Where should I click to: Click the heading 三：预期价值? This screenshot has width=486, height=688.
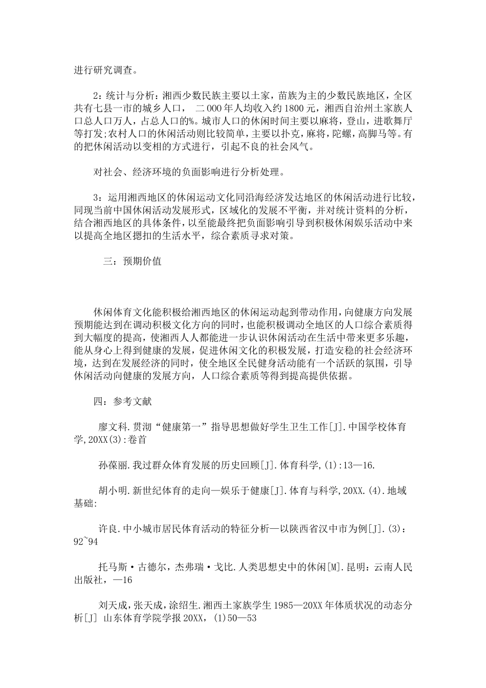[132, 261]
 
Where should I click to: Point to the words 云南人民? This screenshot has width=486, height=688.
[394, 567]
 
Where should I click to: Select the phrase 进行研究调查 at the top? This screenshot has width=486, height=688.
[102, 70]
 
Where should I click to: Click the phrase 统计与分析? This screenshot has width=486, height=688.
[130, 95]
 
